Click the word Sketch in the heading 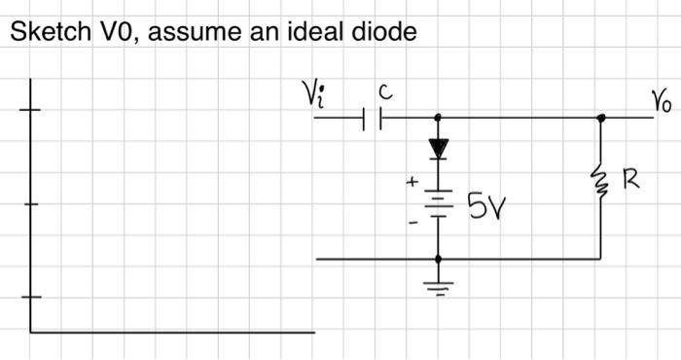(42, 32)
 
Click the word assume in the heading (183, 34)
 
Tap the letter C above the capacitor (385, 93)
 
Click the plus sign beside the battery (412, 181)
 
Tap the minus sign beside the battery (412, 223)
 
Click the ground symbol (438, 286)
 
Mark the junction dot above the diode (438, 118)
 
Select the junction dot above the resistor (601, 118)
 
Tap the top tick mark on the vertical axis (30, 109)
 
